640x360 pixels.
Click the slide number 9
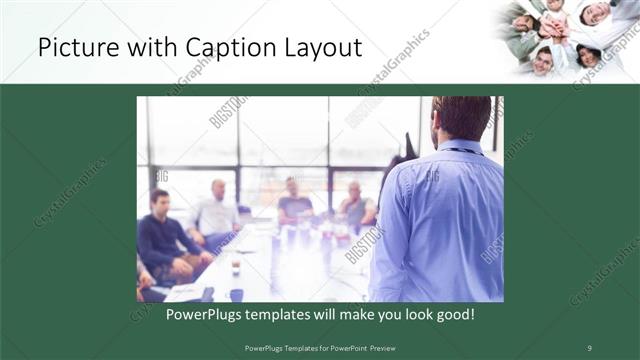click(x=589, y=347)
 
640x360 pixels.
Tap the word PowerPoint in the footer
click(x=344, y=347)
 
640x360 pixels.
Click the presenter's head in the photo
click(x=463, y=118)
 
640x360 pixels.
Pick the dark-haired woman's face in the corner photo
click(x=589, y=55)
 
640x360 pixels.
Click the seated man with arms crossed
click(x=296, y=204)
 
